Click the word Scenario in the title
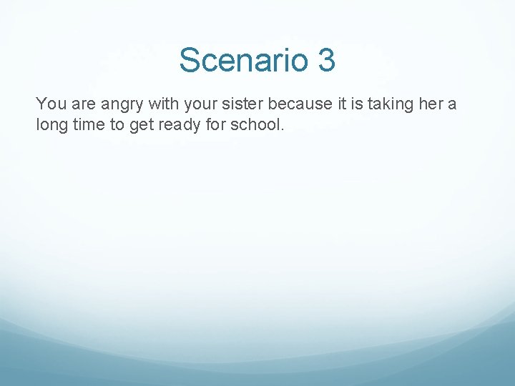click(242, 60)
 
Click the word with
click(165, 104)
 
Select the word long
click(51, 125)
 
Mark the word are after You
click(82, 105)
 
